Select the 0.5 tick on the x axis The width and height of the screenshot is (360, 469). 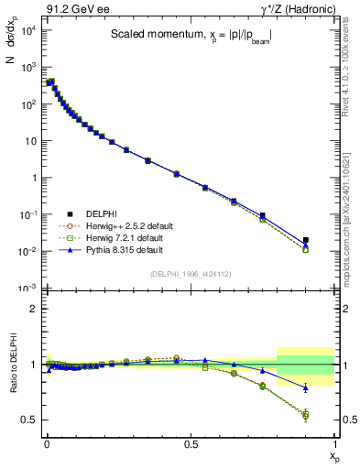tap(191, 442)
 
